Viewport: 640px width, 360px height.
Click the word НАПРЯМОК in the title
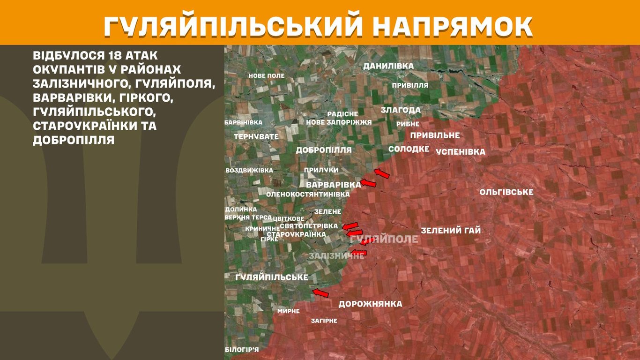coord(453,27)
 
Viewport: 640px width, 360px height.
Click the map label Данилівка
coord(388,66)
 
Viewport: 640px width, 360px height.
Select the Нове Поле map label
coord(266,75)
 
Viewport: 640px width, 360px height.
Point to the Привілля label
coord(410,85)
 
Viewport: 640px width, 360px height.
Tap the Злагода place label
coord(401,110)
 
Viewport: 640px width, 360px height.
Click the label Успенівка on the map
coord(460,152)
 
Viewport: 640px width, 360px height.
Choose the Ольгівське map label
coord(506,192)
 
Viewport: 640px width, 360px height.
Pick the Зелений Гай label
coord(451,231)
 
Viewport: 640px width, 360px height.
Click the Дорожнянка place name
coord(370,304)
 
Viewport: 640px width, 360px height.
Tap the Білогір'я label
coord(242,349)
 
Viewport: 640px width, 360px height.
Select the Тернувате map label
coord(256,136)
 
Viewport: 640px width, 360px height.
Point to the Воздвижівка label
coord(249,170)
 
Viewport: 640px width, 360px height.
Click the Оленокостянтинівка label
coord(308,194)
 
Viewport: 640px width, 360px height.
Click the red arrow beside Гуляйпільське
coord(320,293)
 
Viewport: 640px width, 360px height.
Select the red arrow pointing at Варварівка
coord(368,183)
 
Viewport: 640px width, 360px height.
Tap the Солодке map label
coord(409,149)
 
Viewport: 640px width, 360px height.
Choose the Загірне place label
coord(324,321)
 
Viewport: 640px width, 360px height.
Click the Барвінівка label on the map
coord(243,122)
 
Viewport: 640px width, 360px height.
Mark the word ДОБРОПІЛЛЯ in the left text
coord(74,140)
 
